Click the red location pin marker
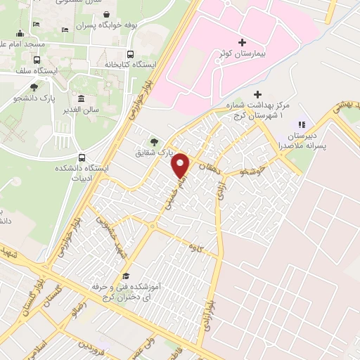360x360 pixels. coord(181,165)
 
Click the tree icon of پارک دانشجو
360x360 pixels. coord(34,87)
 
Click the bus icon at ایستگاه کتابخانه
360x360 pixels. coord(130,54)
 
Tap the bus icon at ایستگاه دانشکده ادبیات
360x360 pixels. coord(82,157)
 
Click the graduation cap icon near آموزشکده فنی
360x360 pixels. coord(126,276)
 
